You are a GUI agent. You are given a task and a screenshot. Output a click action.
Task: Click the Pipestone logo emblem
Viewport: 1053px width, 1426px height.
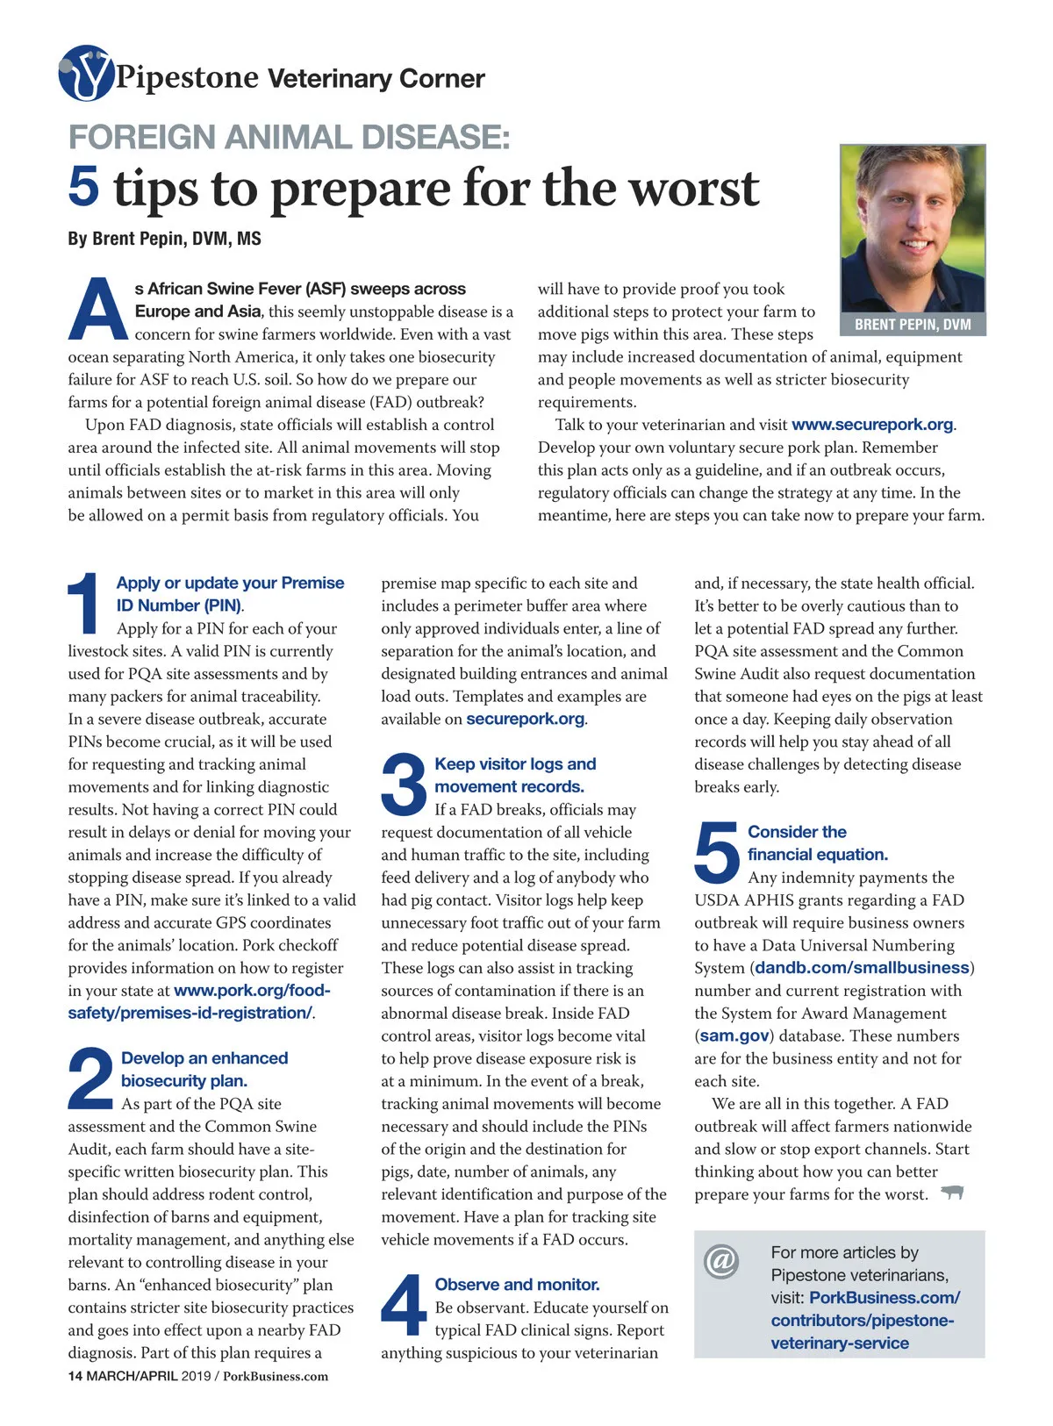click(x=85, y=74)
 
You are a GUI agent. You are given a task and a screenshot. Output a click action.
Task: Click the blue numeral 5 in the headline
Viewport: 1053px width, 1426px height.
click(x=83, y=187)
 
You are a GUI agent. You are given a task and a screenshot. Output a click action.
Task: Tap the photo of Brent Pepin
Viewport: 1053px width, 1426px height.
click(x=912, y=228)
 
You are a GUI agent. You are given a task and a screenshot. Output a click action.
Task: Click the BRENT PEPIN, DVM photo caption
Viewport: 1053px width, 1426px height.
click(x=912, y=325)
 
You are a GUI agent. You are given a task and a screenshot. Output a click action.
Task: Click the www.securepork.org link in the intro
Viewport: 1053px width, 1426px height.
click(x=872, y=425)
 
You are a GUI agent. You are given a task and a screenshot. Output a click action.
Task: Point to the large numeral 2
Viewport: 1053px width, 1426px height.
click(x=90, y=1078)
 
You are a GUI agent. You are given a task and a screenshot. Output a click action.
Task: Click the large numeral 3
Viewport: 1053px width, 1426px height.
click(x=404, y=784)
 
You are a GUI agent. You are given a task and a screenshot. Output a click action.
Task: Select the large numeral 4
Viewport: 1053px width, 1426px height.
click(x=404, y=1305)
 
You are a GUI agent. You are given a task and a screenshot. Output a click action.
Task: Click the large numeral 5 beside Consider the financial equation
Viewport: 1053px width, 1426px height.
click(x=717, y=851)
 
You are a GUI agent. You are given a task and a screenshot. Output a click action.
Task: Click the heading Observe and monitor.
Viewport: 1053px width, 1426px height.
click(x=517, y=1285)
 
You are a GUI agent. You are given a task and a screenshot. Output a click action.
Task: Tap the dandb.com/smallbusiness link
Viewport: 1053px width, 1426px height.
click(x=862, y=968)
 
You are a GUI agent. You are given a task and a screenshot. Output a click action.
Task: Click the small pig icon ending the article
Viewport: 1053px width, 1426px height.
click(x=952, y=1193)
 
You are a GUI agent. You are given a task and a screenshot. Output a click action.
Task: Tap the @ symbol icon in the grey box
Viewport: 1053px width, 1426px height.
click(x=721, y=1261)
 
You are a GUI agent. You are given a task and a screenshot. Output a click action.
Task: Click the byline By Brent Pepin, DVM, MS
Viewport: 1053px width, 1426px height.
click(x=164, y=239)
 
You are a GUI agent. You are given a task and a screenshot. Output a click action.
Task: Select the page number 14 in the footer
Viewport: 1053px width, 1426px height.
click(x=75, y=1376)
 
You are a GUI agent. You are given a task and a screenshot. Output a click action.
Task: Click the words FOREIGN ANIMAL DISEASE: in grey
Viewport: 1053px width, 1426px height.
click(x=289, y=138)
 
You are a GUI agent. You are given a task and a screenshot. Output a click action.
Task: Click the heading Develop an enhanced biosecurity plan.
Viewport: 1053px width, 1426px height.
click(x=204, y=1070)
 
